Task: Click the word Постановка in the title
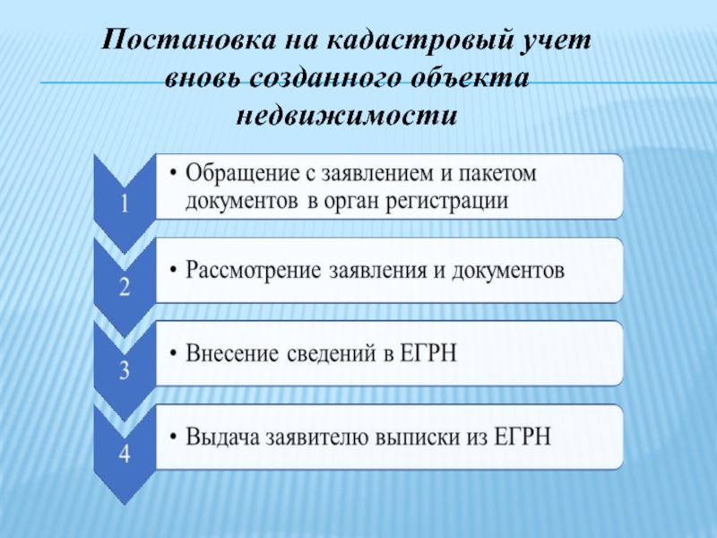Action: (189, 40)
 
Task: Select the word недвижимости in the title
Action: (347, 116)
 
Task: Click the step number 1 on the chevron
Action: (125, 204)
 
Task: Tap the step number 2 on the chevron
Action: (125, 287)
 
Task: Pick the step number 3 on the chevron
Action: (125, 370)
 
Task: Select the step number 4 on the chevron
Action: (125, 454)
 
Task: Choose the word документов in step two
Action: (508, 271)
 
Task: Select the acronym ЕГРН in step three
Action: (428, 353)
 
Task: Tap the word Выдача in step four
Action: (222, 437)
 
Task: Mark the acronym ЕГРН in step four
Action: (523, 437)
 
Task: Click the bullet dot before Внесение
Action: (173, 353)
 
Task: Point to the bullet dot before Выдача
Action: (173, 437)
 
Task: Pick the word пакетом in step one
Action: (497, 174)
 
